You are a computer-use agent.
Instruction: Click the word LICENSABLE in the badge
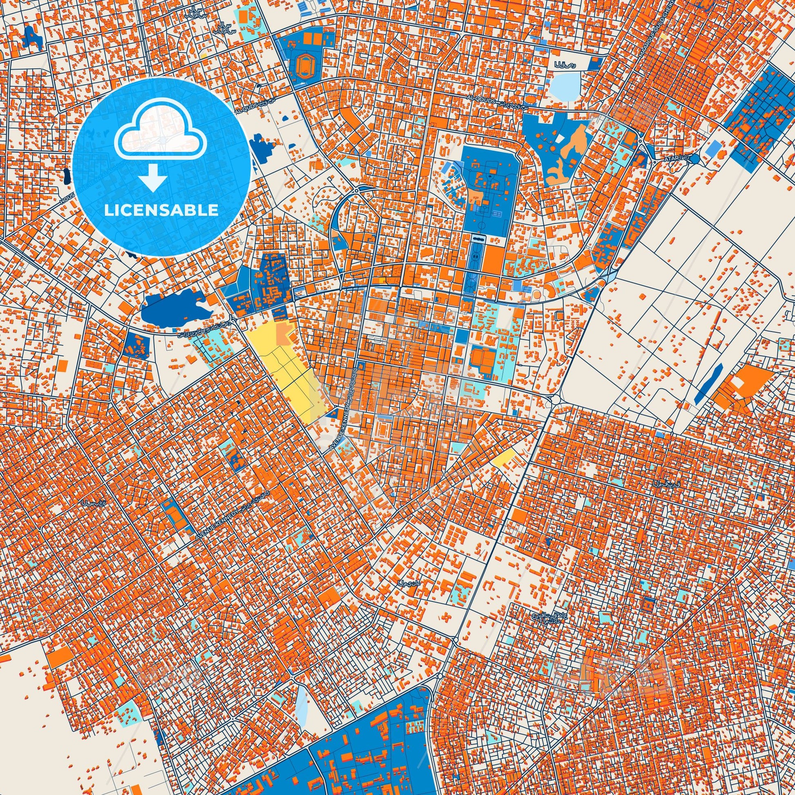[161, 210]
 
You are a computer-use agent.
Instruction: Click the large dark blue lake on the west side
[171, 307]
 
